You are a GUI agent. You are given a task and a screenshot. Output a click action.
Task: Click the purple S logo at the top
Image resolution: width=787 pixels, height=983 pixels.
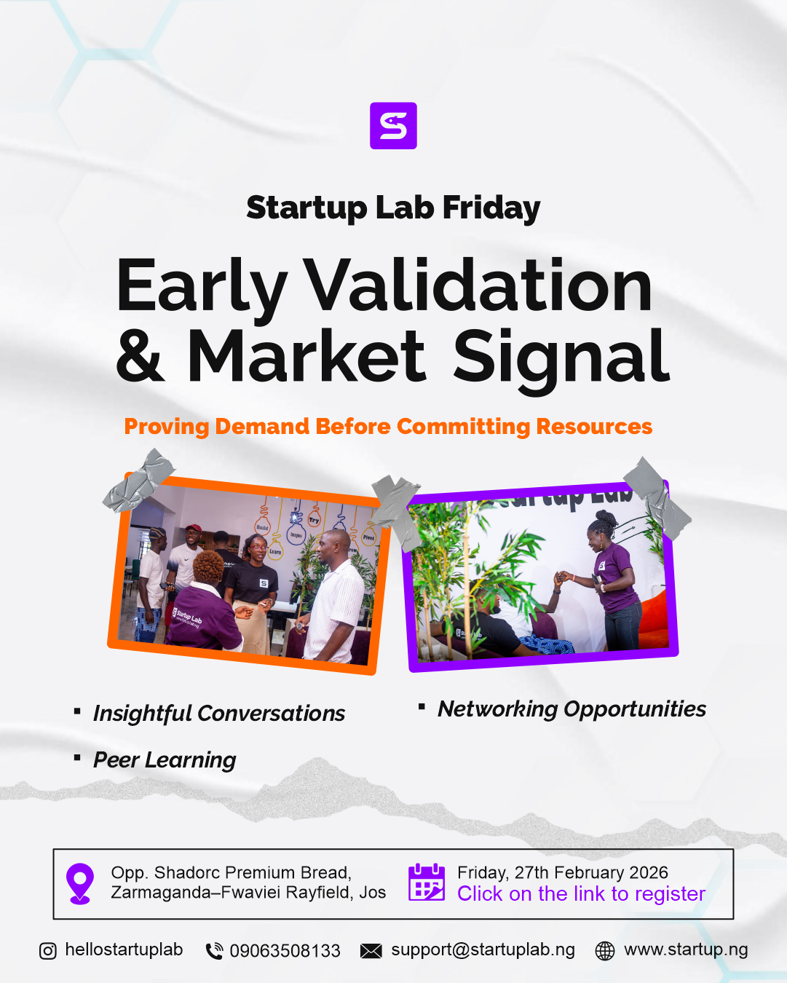(393, 126)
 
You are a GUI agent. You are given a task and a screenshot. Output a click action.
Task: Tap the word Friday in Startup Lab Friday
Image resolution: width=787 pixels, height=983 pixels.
(491, 208)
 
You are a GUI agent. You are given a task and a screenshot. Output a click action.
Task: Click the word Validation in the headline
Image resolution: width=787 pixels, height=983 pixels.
(478, 286)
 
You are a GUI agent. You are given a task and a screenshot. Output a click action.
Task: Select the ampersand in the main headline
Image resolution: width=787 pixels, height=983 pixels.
(141, 357)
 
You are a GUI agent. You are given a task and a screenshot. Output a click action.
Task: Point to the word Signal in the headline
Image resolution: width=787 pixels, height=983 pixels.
(561, 357)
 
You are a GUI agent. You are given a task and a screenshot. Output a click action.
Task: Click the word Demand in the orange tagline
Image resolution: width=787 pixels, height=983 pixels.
(262, 427)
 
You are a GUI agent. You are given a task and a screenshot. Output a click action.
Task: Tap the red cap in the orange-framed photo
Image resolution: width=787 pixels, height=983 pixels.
(193, 529)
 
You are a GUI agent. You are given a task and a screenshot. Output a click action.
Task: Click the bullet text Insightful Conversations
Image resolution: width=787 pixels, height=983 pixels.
(219, 714)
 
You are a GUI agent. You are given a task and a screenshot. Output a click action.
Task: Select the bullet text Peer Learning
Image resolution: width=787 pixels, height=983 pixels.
(165, 760)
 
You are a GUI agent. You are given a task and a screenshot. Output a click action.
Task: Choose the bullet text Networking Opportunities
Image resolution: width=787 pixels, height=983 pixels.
(572, 709)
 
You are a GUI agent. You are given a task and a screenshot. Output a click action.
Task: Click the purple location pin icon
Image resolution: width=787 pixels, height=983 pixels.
(80, 883)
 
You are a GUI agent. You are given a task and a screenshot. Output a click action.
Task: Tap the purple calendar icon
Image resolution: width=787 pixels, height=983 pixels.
(427, 883)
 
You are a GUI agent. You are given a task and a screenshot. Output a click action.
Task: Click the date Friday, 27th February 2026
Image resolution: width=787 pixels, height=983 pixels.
(562, 872)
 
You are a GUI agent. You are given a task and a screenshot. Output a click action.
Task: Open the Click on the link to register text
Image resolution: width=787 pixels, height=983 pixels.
(581, 894)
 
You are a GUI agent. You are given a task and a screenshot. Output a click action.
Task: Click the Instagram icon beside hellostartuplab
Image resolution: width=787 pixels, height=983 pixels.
(48, 951)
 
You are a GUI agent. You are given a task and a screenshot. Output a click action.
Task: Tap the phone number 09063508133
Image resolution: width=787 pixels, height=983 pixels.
(285, 951)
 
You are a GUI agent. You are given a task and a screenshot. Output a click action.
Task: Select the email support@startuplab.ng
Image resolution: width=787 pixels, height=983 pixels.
(483, 950)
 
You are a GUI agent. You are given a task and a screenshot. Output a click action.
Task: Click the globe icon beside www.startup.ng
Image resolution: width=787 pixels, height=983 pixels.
(605, 951)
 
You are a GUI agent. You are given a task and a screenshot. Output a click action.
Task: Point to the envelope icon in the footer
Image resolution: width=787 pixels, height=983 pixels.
(371, 951)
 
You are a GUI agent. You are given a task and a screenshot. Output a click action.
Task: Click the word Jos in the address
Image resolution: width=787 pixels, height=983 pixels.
(372, 893)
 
